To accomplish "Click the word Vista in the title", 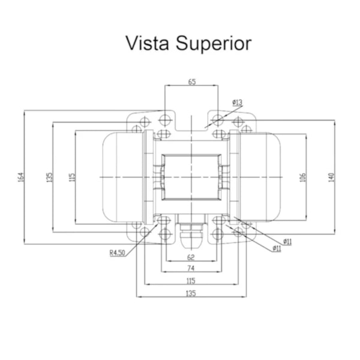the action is point(148,43).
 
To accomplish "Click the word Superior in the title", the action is point(214,44).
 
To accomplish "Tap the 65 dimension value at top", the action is point(192,82).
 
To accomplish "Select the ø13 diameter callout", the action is point(238,102).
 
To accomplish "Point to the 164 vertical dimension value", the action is point(21,177).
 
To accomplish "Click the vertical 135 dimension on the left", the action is point(50,177).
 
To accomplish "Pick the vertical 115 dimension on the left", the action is point(72,177).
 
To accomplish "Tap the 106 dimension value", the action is point(303,178).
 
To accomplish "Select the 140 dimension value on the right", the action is point(332,178).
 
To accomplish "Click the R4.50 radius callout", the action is point(118,253).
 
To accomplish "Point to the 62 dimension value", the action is point(191,257).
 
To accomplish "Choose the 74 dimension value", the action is point(191,268).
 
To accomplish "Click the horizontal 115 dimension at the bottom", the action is point(191,281).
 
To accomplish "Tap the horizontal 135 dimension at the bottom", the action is point(191,293).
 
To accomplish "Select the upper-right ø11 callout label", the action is point(287,242).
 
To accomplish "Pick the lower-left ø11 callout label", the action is point(277,248).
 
